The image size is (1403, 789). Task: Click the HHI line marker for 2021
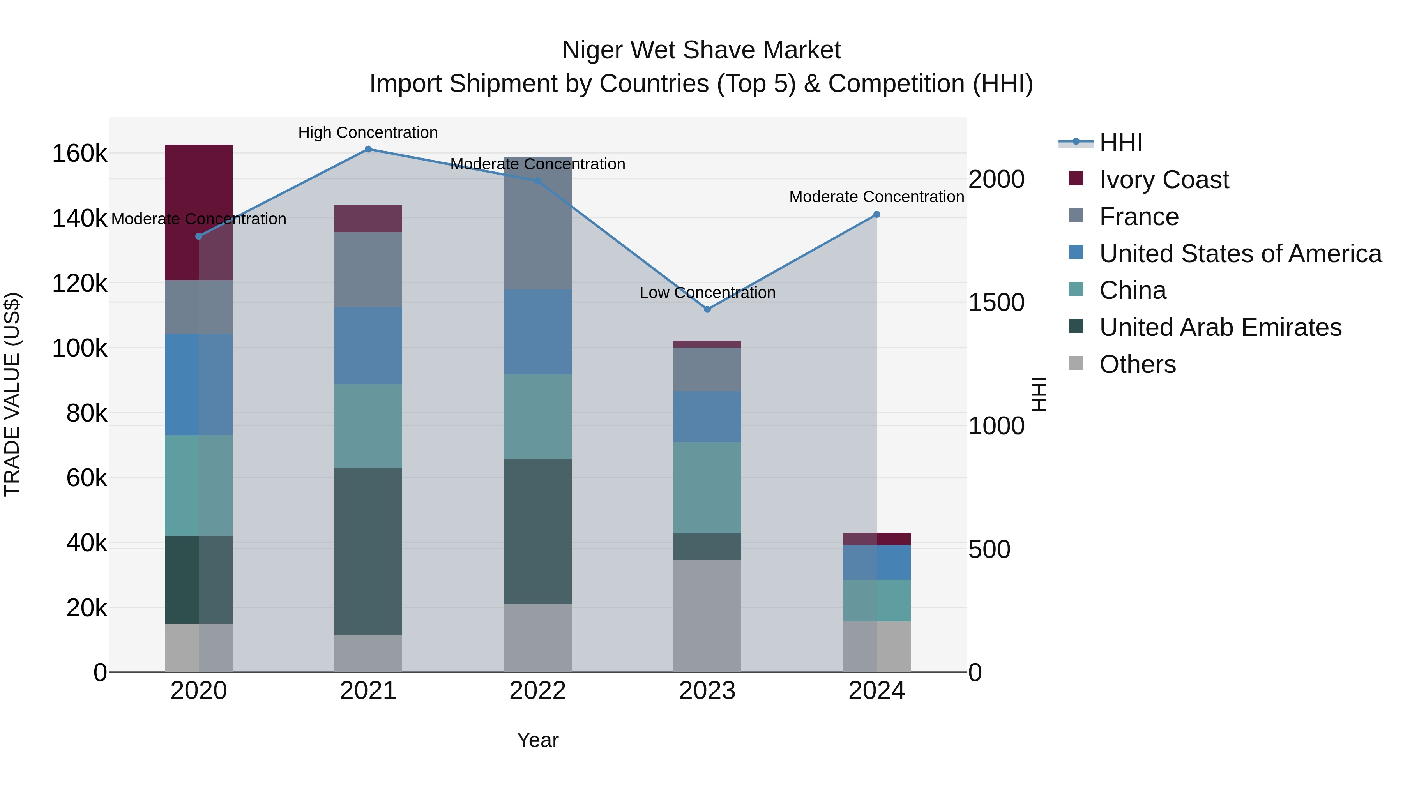[368, 149]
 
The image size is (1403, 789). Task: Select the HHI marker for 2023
[707, 309]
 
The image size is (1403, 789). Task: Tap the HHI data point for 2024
[876, 215]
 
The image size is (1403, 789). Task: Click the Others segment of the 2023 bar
[707, 615]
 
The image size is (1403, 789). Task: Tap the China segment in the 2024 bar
[876, 600]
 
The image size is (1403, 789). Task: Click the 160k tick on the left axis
[80, 154]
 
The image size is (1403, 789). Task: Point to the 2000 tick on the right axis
[996, 180]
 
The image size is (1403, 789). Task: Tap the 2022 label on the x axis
[537, 691]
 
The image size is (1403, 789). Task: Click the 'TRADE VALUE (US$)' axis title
[12, 394]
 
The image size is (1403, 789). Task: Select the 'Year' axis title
[537, 740]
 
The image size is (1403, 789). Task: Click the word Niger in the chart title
[592, 50]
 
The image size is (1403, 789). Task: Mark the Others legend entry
[1137, 364]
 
